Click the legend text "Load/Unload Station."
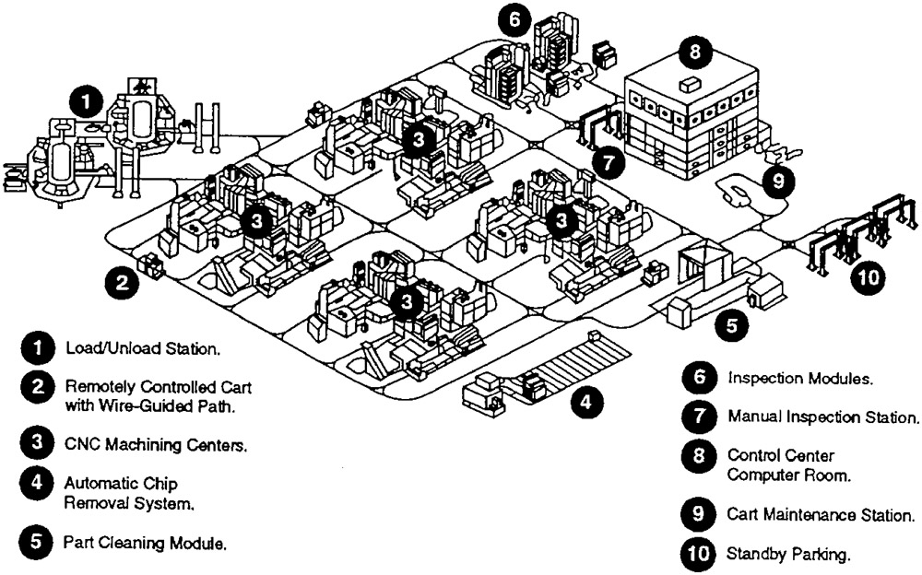[142, 350]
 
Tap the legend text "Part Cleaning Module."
[146, 543]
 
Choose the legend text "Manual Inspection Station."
[823, 417]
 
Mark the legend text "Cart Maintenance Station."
[821, 516]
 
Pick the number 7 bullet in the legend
[695, 417]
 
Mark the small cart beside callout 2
[150, 267]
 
